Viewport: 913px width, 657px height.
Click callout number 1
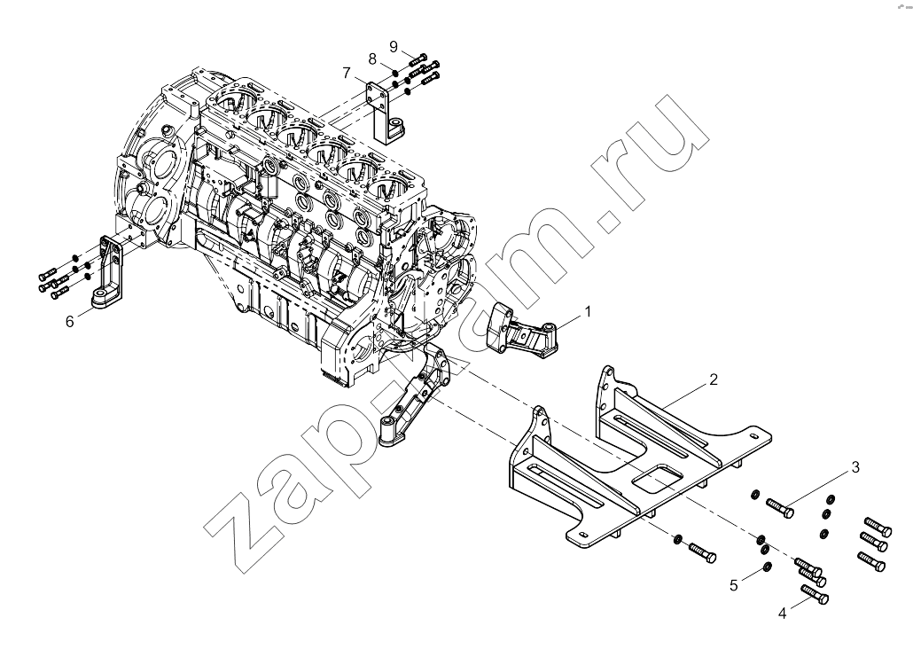588,312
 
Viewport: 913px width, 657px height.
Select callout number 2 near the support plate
714,379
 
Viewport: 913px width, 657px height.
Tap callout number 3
855,467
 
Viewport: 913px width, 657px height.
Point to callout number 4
782,613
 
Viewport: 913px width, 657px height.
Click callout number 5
734,585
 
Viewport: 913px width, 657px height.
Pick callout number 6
70,322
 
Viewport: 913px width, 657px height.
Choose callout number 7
347,74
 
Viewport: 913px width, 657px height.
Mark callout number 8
372,59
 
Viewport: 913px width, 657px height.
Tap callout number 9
394,47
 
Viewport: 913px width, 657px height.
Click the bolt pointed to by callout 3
780,507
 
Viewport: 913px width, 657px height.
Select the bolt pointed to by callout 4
815,594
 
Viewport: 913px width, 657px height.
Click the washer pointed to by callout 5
767,567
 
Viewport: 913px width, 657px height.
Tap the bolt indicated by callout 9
418,59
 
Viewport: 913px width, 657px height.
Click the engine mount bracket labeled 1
521,332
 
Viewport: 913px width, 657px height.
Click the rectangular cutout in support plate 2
658,476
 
